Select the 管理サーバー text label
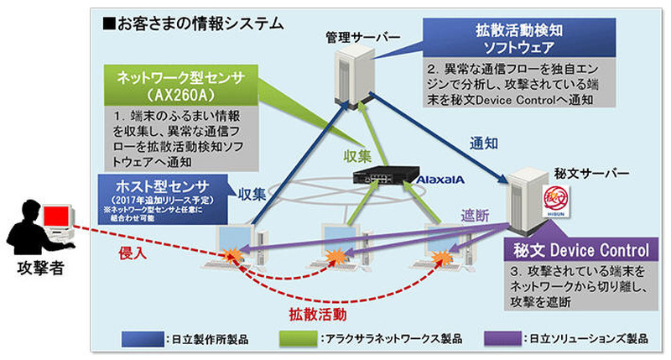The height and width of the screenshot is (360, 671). tap(354, 37)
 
